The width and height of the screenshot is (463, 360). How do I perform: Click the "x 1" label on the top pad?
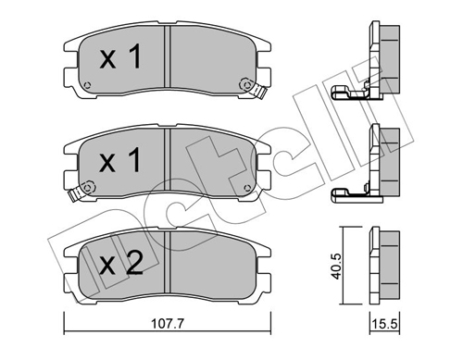119,59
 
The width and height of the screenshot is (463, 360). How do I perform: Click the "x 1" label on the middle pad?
119,161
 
